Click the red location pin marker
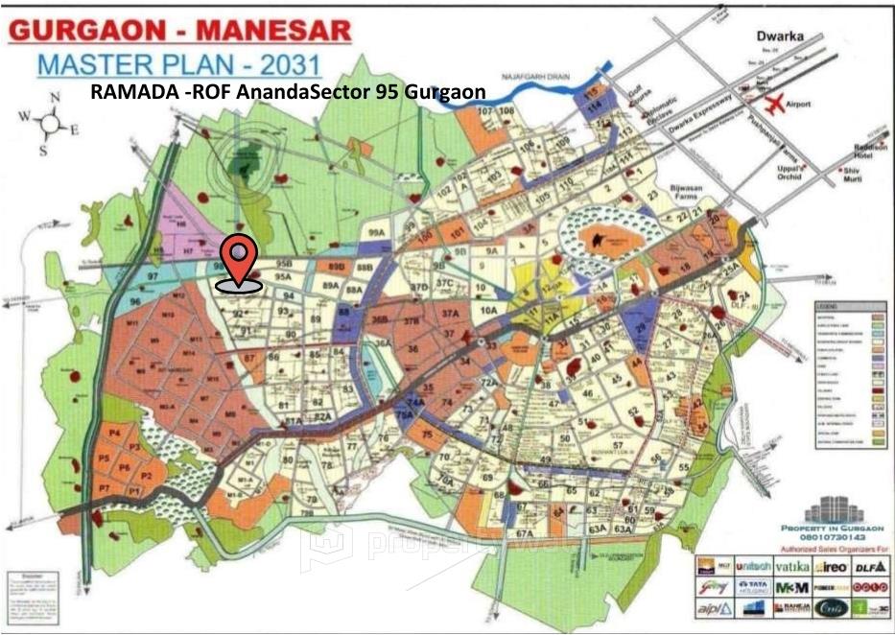click(239, 257)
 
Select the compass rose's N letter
click(56, 97)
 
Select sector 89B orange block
click(336, 266)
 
